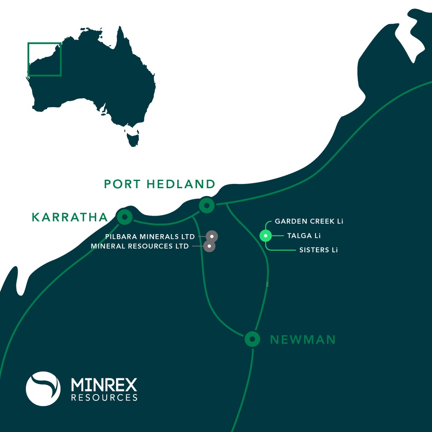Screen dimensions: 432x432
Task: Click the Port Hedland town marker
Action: (x=207, y=205)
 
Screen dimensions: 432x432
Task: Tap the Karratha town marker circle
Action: (x=124, y=217)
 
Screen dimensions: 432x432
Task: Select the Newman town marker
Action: (x=252, y=339)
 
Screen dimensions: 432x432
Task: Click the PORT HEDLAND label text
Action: (x=159, y=184)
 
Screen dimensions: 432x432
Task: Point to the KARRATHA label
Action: (x=70, y=217)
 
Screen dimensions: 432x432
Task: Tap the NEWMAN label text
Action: (x=302, y=340)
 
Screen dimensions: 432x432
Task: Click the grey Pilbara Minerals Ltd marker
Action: (x=211, y=237)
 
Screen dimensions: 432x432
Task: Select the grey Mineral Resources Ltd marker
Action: (x=209, y=246)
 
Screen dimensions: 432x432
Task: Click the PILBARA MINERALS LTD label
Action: (x=150, y=237)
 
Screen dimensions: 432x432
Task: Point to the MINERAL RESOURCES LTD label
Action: (x=140, y=246)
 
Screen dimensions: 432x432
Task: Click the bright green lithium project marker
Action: (x=265, y=236)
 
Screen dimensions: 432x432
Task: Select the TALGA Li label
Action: (x=301, y=236)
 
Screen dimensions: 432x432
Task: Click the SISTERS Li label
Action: (x=319, y=250)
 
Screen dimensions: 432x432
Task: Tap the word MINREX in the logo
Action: (x=104, y=384)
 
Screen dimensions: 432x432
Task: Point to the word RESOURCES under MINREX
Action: (x=104, y=397)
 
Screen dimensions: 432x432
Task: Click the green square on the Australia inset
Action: (x=45, y=59)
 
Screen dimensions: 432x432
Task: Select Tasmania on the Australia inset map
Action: (x=133, y=138)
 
